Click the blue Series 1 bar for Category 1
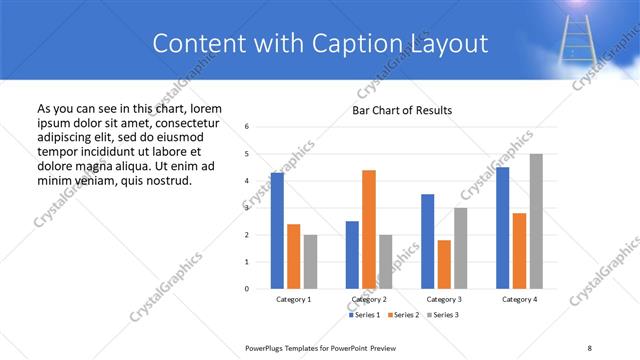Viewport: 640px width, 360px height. pos(277,231)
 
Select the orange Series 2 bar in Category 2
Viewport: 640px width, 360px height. pos(369,229)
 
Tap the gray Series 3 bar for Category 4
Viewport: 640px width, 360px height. pos(536,221)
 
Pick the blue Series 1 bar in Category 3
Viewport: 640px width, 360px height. pos(427,241)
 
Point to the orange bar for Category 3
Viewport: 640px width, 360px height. pos(444,264)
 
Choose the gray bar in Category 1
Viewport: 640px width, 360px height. pos(310,262)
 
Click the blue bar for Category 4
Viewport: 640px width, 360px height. pos(502,228)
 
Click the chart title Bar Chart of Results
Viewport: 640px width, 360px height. pos(402,110)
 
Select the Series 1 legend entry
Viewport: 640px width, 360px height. pos(365,315)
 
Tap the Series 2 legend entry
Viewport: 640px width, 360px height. pos(402,315)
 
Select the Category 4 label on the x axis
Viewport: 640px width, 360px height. pos(519,299)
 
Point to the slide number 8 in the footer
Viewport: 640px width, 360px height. pos(589,347)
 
